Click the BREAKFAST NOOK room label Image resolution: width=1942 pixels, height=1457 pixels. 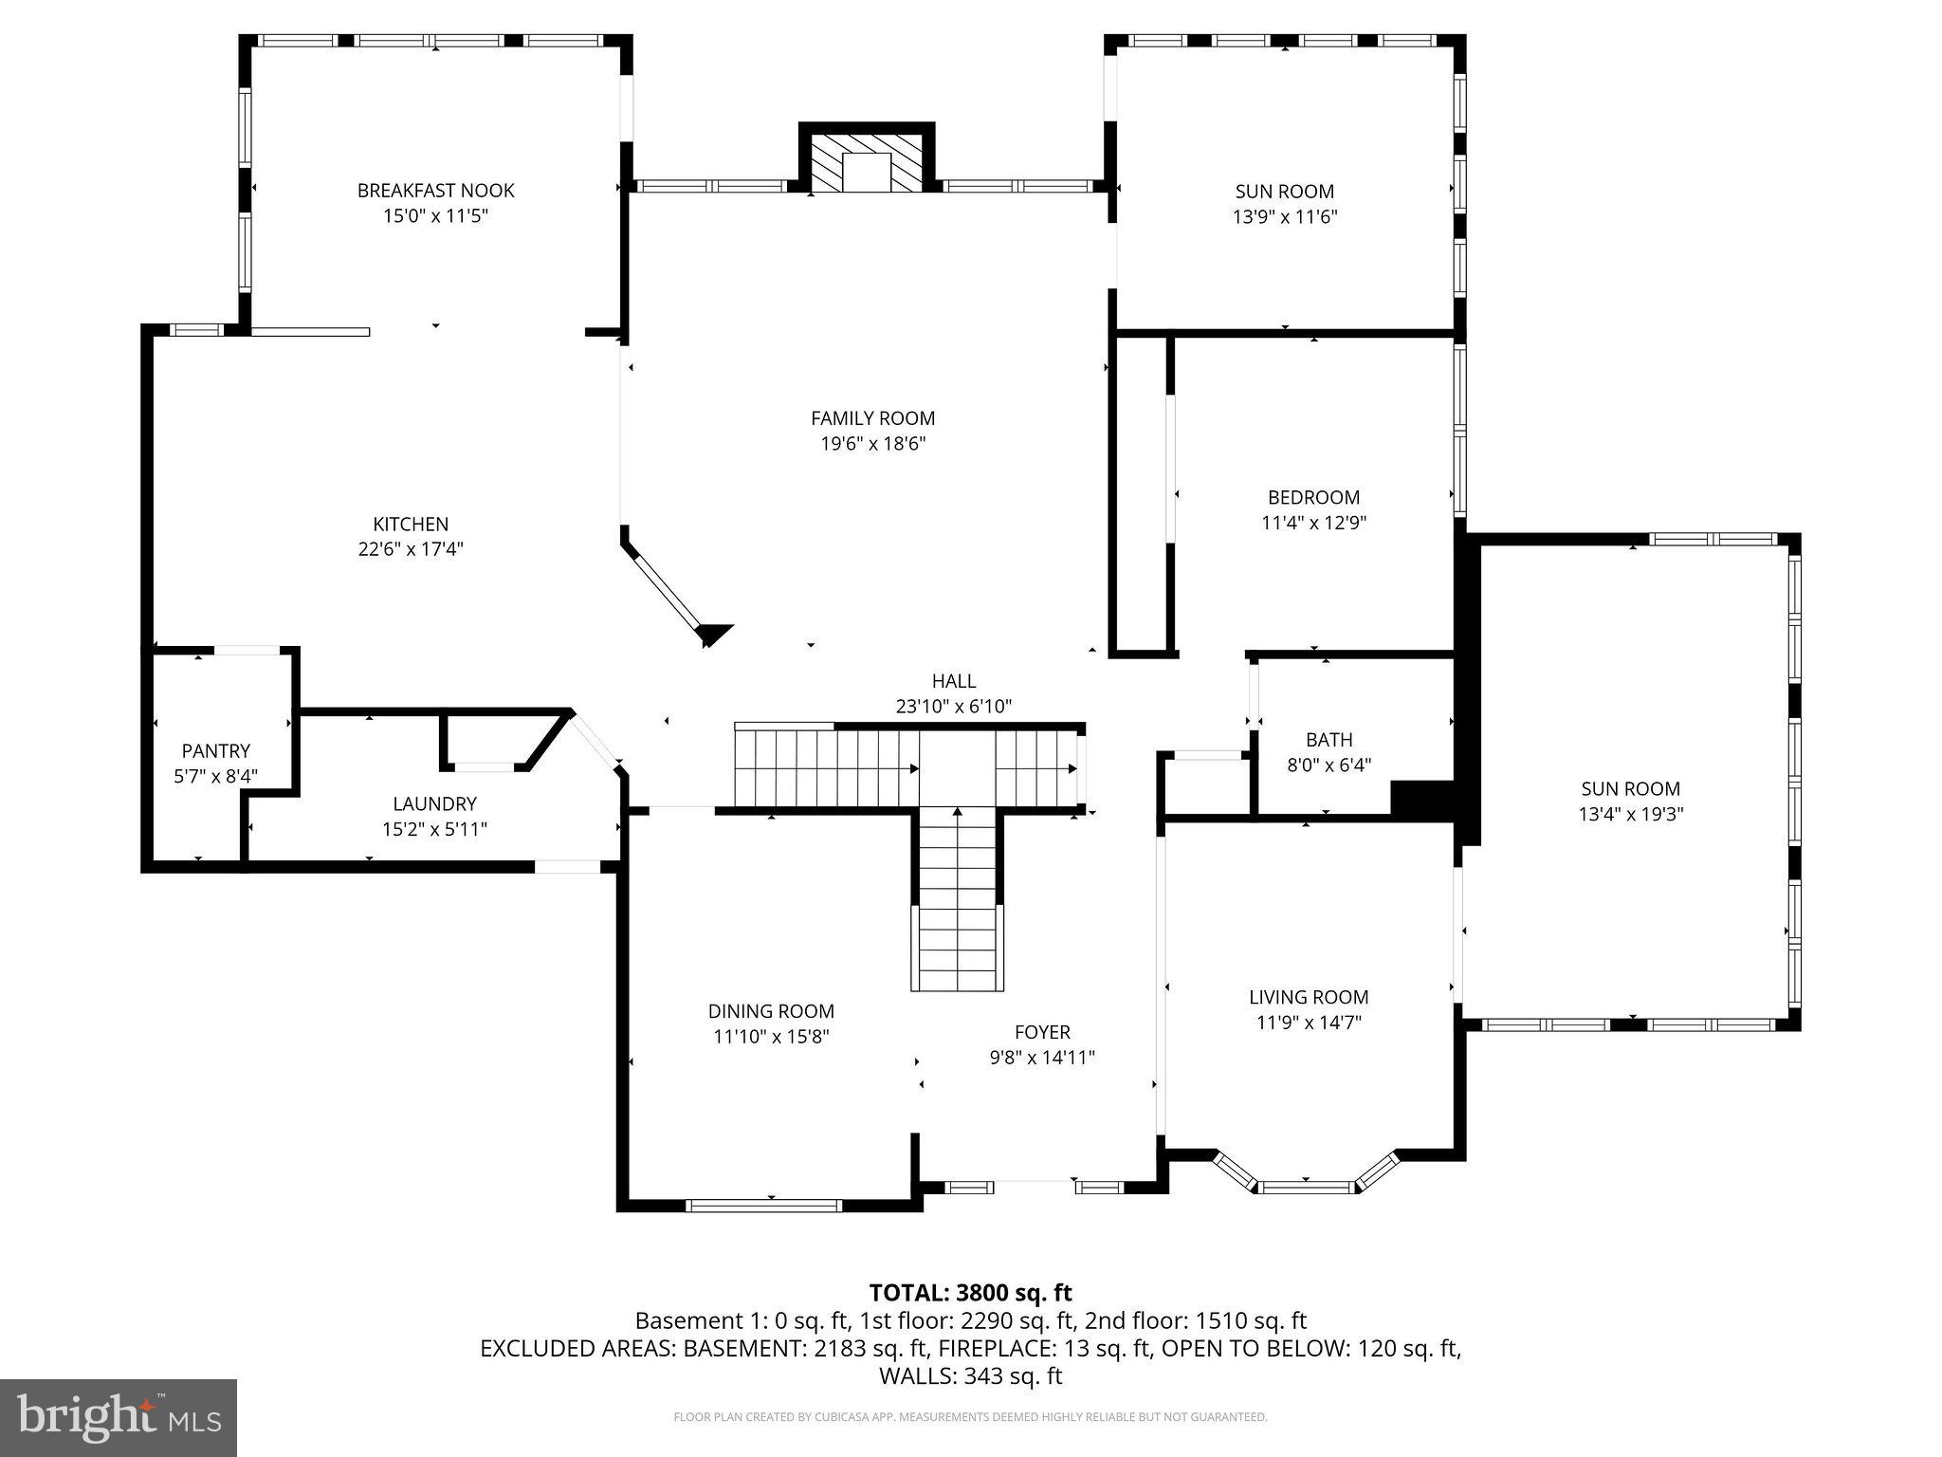435,191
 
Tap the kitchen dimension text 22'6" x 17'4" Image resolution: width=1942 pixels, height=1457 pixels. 411,549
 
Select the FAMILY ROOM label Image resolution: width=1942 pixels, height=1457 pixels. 872,418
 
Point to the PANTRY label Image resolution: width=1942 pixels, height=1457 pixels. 216,751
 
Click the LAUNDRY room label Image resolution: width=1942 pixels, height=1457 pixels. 434,804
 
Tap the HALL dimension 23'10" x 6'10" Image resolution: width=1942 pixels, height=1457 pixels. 953,707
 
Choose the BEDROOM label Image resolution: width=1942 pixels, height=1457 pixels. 1313,497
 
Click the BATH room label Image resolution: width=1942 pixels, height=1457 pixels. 1328,740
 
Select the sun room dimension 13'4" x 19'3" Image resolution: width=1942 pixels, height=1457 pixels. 1630,814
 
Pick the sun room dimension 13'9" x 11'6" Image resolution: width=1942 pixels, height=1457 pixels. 1284,216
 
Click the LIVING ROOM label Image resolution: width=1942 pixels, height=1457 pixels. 1309,997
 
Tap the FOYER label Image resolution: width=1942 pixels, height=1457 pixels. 1042,1032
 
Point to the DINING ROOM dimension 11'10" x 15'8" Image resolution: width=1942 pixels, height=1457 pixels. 771,1037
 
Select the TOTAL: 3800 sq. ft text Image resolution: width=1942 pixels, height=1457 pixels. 970,1293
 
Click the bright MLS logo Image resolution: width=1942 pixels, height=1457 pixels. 118,1417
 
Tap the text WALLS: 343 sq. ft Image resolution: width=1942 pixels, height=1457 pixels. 970,1376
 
